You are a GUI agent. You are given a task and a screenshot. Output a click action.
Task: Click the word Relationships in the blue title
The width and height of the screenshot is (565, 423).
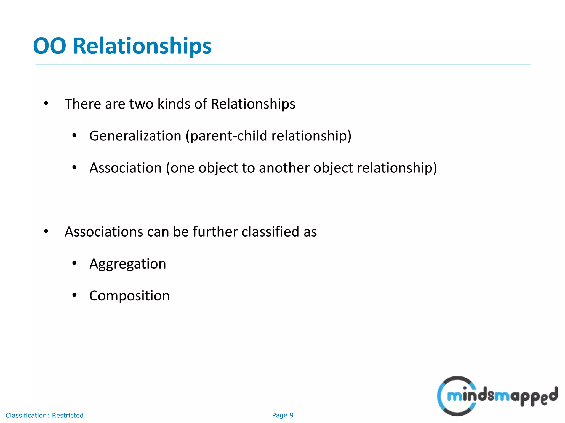(x=142, y=46)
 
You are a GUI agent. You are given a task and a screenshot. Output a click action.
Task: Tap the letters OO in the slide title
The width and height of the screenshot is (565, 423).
(x=50, y=46)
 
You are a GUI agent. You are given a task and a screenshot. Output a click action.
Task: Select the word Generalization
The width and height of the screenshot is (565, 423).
(x=135, y=136)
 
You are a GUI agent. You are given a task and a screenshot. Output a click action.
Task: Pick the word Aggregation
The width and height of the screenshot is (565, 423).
(x=128, y=264)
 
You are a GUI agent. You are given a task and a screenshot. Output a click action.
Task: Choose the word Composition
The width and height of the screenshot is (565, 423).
(x=129, y=296)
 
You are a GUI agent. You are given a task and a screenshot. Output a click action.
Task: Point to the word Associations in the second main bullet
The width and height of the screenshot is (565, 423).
(x=104, y=232)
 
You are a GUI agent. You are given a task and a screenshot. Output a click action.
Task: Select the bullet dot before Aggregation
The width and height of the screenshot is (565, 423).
(x=74, y=264)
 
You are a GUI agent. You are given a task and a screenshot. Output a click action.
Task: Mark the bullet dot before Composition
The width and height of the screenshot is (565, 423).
(x=74, y=295)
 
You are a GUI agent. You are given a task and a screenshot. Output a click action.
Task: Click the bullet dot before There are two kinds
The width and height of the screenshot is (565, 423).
(x=46, y=104)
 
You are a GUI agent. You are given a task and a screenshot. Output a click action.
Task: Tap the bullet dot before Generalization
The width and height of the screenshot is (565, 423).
(x=74, y=135)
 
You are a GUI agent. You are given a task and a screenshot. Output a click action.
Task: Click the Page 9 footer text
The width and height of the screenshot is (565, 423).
(x=282, y=415)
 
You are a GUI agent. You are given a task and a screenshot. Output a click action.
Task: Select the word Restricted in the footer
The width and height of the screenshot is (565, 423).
(x=68, y=415)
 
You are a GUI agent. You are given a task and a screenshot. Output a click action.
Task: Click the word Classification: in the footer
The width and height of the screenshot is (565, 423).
(x=27, y=415)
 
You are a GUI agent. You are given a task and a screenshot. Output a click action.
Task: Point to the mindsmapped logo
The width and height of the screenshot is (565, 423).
(x=497, y=396)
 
